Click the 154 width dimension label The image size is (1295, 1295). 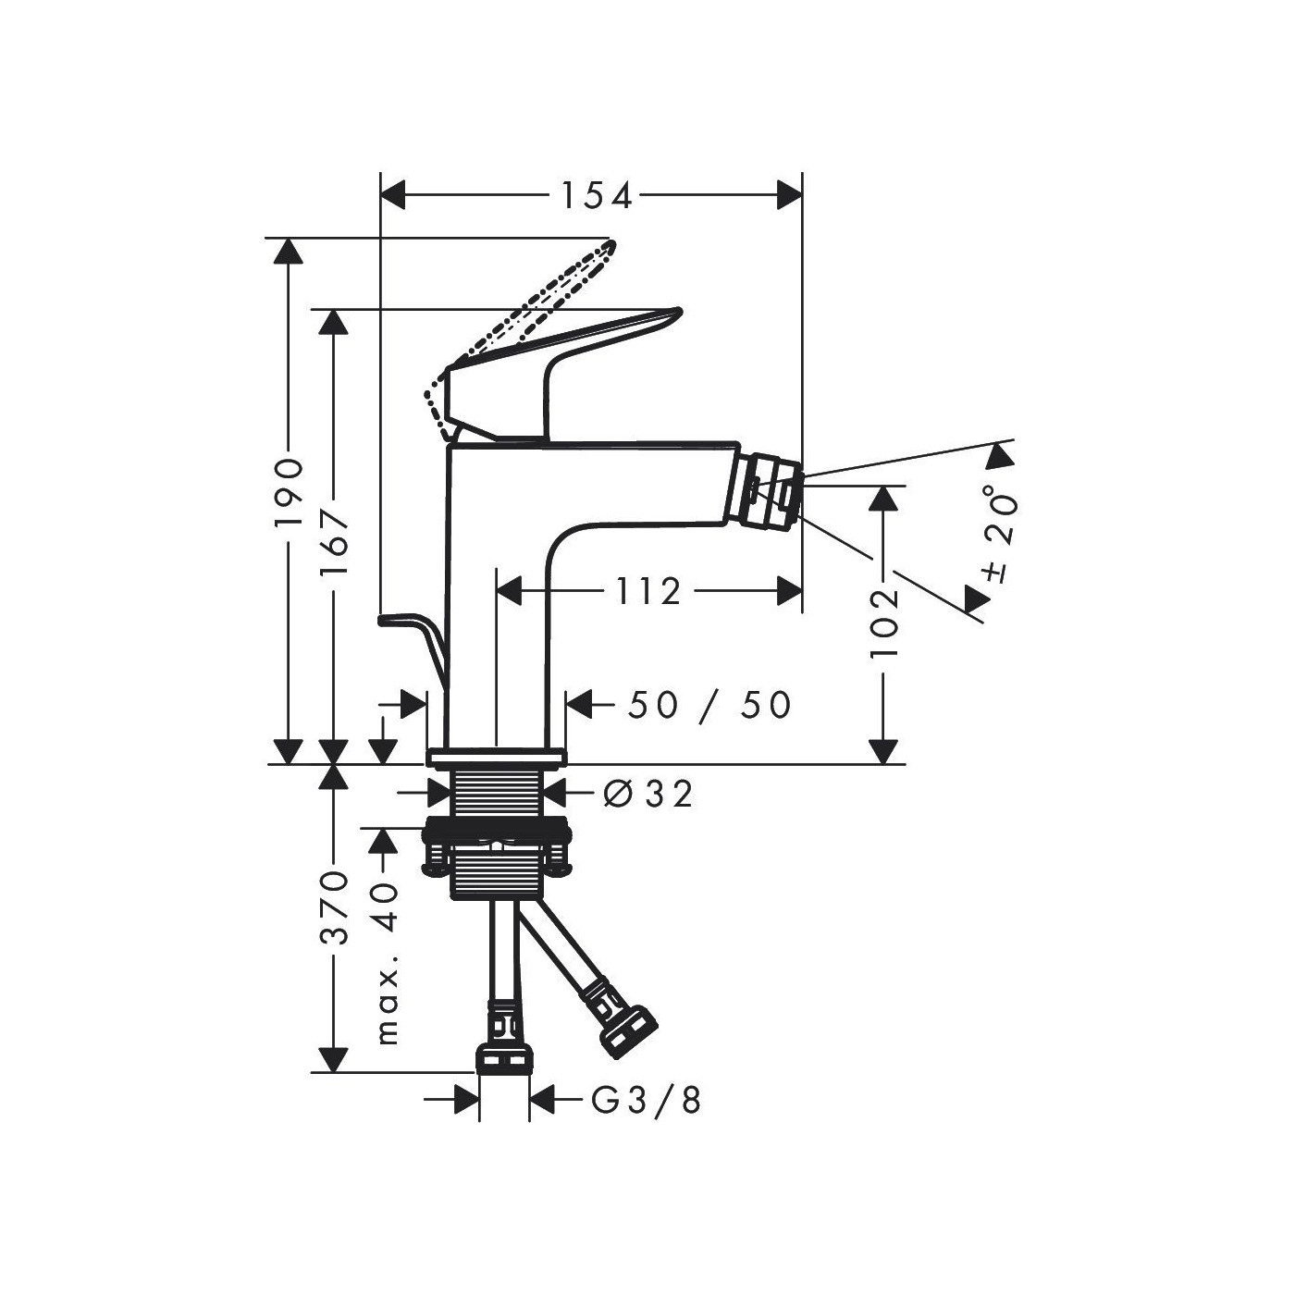597,196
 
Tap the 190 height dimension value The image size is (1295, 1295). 289,493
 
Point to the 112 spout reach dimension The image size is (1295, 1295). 647,592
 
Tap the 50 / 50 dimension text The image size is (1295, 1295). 709,706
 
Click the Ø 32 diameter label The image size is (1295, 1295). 647,795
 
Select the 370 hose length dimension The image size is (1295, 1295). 334,908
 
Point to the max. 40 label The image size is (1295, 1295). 386,964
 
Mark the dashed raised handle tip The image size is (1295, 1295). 610,244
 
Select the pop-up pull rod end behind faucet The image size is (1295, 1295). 382,620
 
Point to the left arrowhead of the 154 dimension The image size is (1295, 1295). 394,195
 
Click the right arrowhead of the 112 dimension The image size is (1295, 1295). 789,591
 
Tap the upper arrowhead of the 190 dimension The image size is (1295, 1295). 289,251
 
